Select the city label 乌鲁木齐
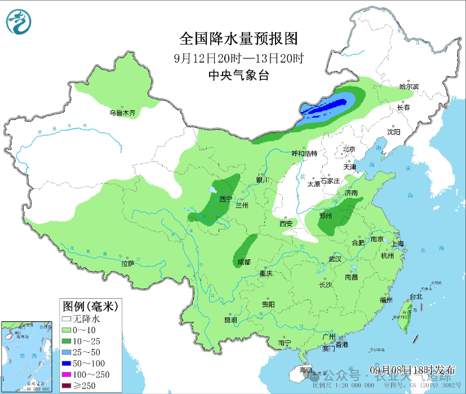point(122,113)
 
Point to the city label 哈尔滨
point(409,87)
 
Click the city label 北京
point(349,150)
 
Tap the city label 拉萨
point(128,263)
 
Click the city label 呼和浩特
point(304,153)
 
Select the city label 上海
point(397,244)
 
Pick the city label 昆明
point(230,320)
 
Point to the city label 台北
point(416,296)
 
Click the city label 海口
point(306,370)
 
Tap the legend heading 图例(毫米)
point(89,307)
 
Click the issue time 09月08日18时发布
point(413,370)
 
